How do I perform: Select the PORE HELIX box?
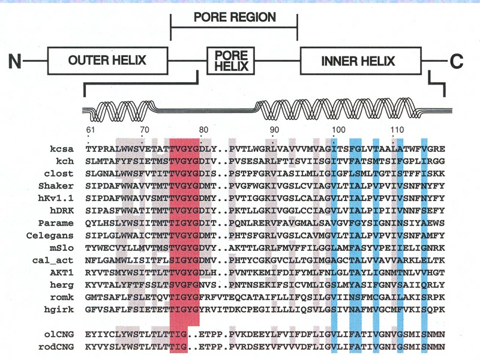(x=231, y=61)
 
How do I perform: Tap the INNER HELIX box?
(x=358, y=61)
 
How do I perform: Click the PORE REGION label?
(x=235, y=17)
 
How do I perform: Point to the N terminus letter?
(x=16, y=61)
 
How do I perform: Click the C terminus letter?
(x=457, y=61)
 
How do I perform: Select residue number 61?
(x=91, y=129)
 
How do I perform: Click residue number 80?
(x=203, y=129)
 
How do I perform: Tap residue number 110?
(x=396, y=129)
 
